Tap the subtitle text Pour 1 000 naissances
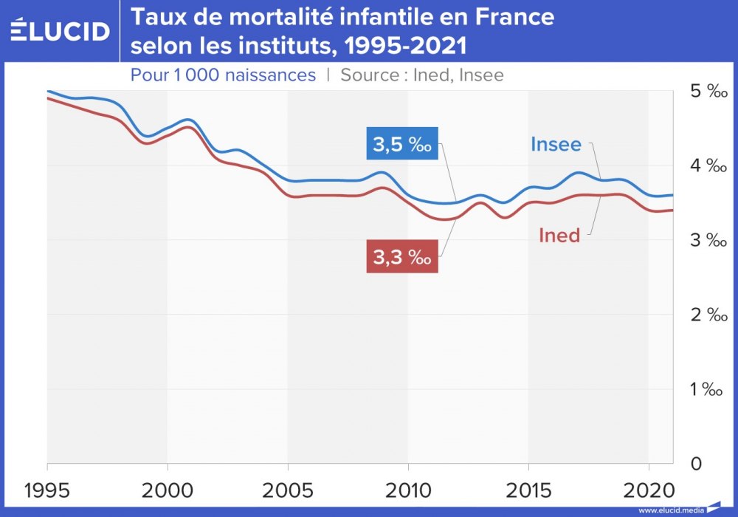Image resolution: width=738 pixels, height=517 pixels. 223,75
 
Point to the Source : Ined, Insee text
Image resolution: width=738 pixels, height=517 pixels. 422,75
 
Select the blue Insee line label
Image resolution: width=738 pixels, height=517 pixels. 556,144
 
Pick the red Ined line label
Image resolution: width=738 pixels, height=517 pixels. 559,236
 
